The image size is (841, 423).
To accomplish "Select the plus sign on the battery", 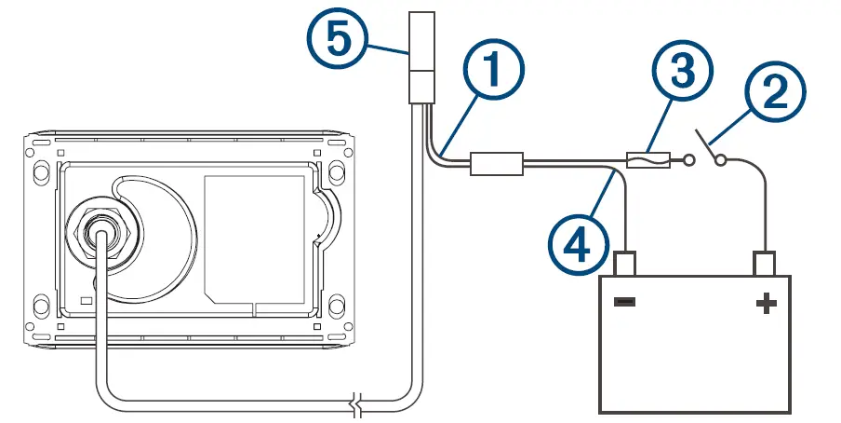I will point(766,304).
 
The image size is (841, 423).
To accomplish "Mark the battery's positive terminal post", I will point(766,263).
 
